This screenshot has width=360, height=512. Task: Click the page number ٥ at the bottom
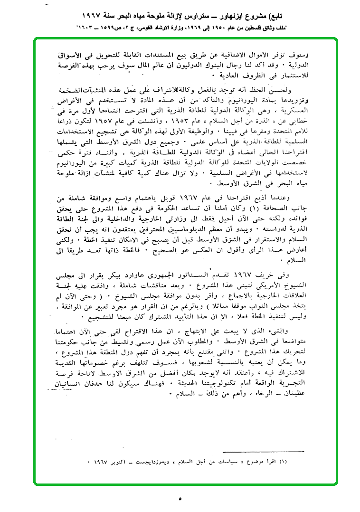pyautogui.click(x=180, y=499)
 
